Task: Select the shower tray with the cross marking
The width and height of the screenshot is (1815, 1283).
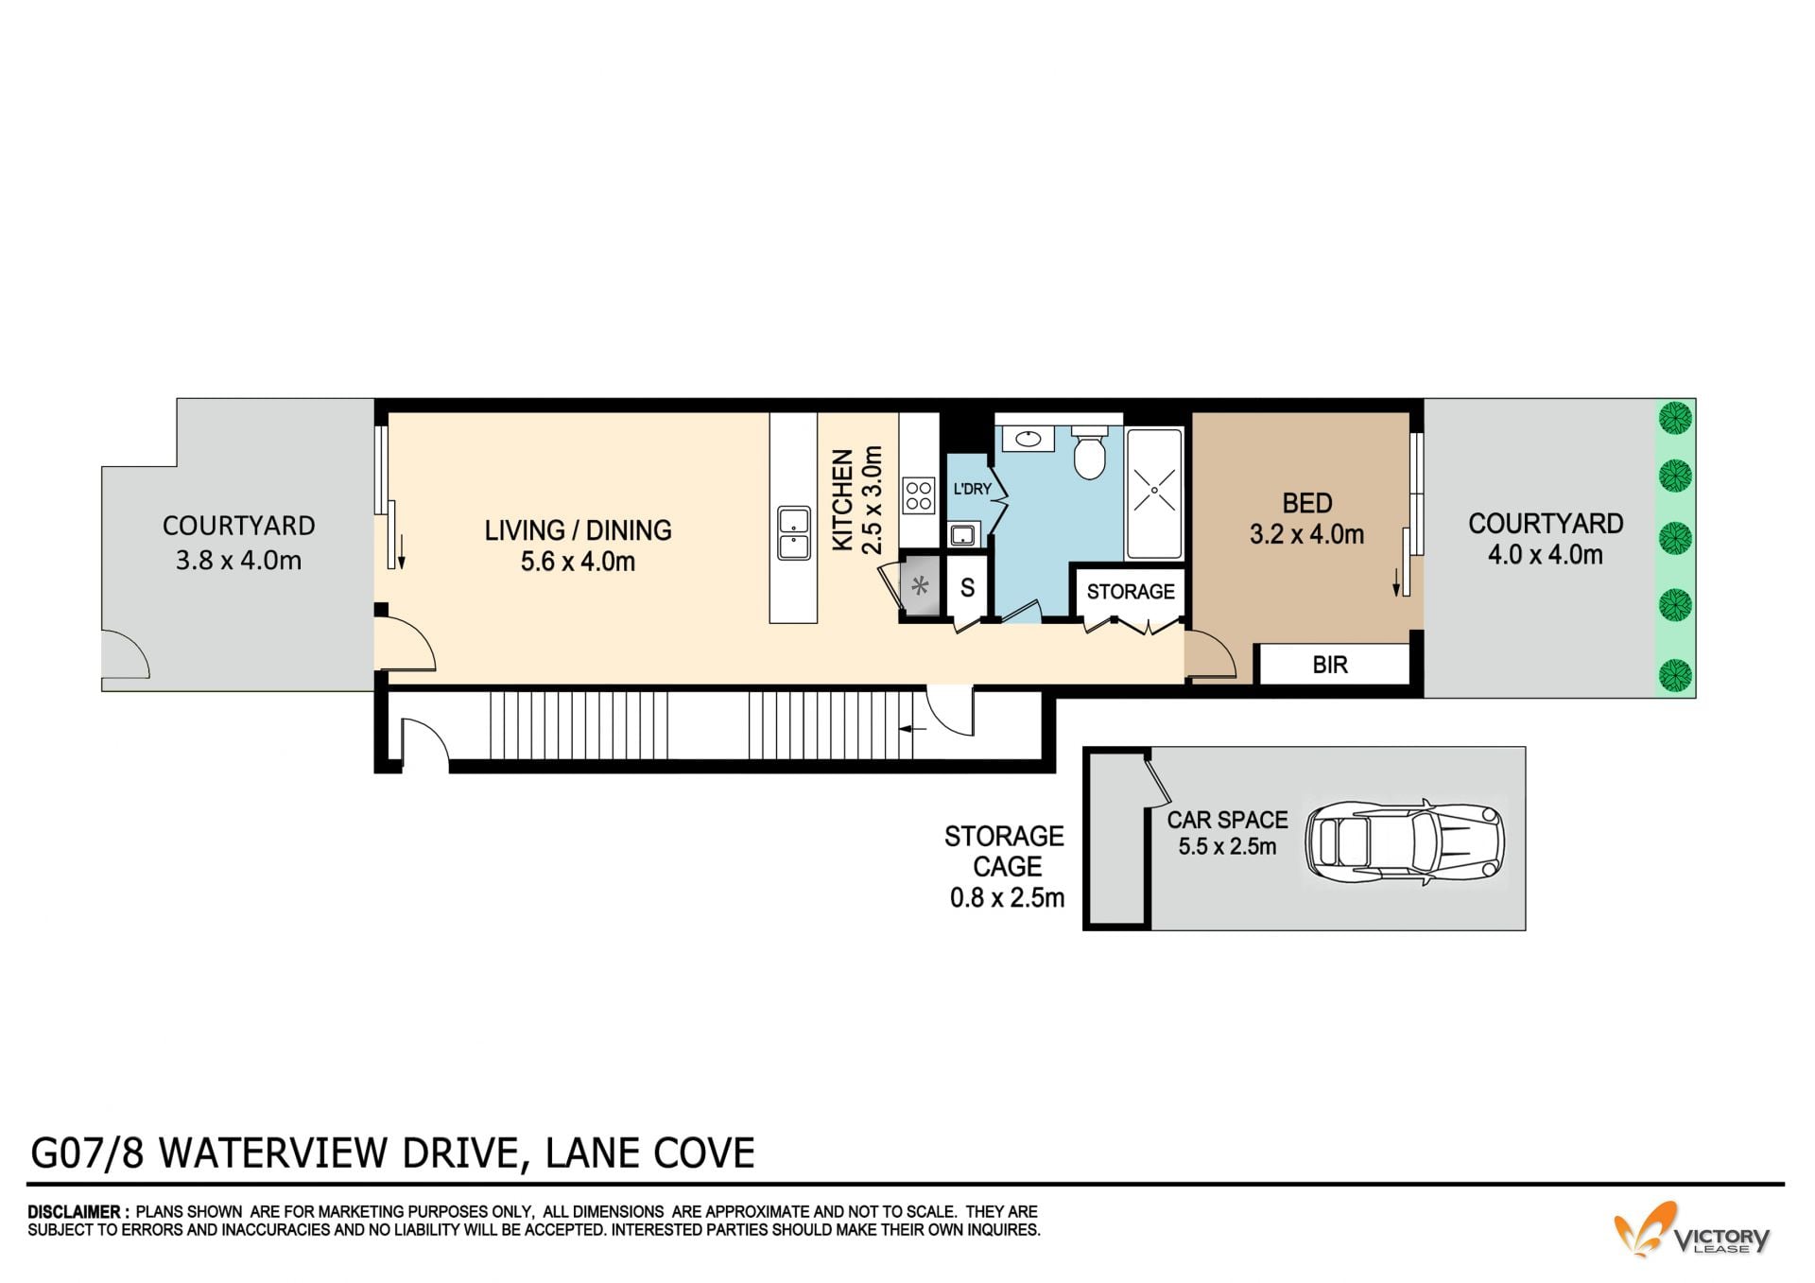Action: [1153, 494]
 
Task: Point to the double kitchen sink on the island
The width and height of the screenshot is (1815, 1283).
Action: [793, 533]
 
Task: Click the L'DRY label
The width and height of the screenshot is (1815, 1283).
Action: [971, 489]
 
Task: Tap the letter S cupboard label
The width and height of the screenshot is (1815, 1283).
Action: [967, 588]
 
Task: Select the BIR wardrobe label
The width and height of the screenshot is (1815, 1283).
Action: [1329, 665]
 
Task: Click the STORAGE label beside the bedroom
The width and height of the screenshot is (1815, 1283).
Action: [1130, 592]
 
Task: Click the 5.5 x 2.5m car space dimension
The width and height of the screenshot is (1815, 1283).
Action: [1227, 846]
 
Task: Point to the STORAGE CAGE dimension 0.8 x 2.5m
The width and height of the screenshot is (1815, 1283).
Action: [1007, 897]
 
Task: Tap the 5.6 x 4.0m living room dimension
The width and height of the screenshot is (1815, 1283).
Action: [578, 562]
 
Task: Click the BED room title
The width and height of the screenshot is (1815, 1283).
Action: [1307, 502]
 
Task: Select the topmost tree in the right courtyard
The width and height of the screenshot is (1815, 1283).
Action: [1676, 417]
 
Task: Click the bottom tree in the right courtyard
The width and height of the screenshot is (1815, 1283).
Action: [1676, 674]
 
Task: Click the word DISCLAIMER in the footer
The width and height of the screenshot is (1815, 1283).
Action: [74, 1211]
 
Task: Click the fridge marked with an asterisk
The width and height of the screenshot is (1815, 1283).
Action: [920, 586]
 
